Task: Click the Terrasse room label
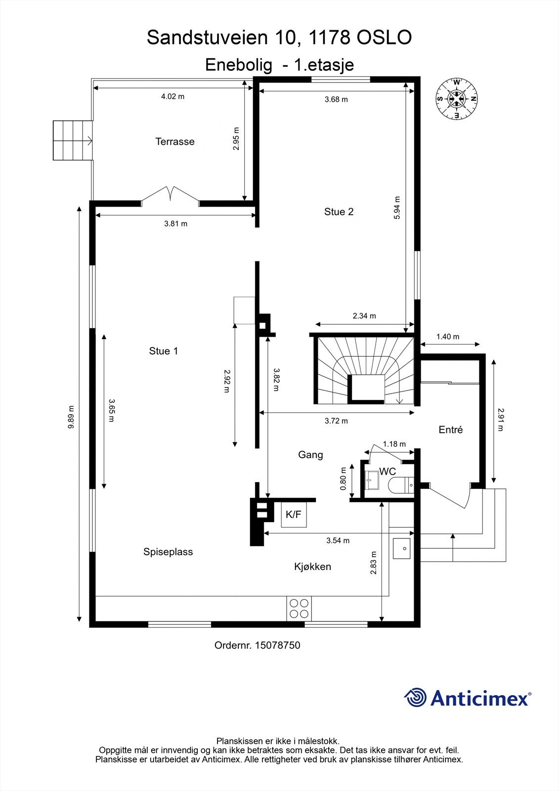click(175, 141)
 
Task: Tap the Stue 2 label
click(339, 212)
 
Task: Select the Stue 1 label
click(163, 351)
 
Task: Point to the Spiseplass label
click(168, 552)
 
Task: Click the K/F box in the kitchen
click(294, 515)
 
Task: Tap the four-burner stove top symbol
click(300, 609)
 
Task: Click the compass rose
click(456, 98)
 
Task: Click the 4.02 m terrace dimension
click(172, 96)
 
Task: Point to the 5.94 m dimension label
click(397, 208)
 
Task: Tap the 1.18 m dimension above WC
click(394, 444)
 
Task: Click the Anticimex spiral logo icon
click(416, 698)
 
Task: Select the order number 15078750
click(277, 645)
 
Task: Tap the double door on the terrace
click(171, 194)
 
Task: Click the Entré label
click(450, 430)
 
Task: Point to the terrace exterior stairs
click(73, 140)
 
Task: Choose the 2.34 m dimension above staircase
click(364, 316)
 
